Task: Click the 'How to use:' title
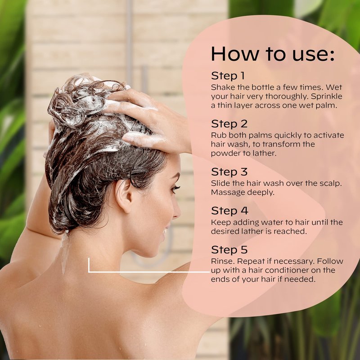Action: tap(273, 54)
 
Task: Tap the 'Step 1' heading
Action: tap(228, 76)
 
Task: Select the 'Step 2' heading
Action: tap(229, 124)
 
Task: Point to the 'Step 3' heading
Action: tap(229, 172)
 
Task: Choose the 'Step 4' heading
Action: tap(229, 211)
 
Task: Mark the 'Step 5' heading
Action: tap(229, 250)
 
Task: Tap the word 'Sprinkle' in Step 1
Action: tap(327, 97)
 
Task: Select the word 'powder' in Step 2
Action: tap(224, 153)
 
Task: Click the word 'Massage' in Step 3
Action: tap(227, 193)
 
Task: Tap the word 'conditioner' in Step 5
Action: tap(287, 270)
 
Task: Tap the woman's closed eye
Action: tap(175, 189)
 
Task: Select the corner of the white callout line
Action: tap(89, 272)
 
